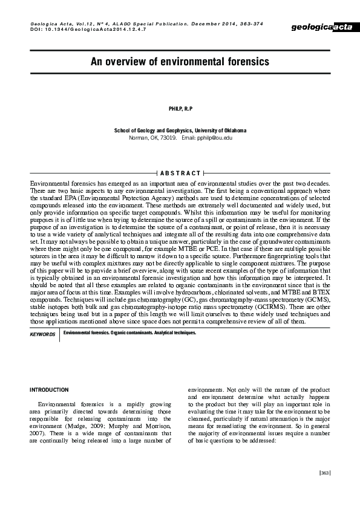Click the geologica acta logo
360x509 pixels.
(322, 28)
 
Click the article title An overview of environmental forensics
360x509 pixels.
(180, 62)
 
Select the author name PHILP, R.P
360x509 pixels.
(180, 108)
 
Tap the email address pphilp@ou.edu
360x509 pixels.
(215, 138)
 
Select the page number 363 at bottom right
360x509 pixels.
(324, 473)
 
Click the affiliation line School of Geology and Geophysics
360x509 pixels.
(180, 131)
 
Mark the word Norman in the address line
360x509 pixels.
(139, 138)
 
